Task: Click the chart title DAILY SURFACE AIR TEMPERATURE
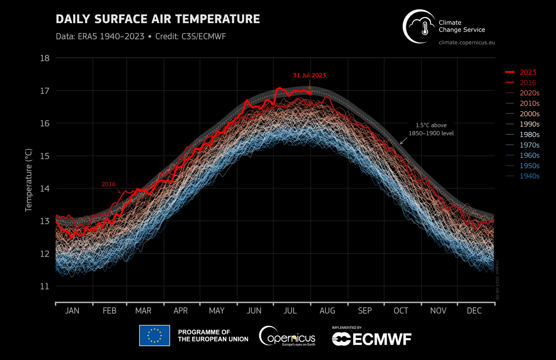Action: [x=158, y=19]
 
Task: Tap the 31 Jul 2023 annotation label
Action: [x=309, y=75]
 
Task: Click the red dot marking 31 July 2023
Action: [x=310, y=92]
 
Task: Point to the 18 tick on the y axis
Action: [x=44, y=58]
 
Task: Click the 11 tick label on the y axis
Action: [x=44, y=286]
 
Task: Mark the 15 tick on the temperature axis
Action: [x=44, y=156]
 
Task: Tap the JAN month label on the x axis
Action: [x=72, y=311]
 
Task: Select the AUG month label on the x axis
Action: [x=328, y=311]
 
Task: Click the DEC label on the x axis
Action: [x=474, y=311]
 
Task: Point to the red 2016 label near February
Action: [x=108, y=184]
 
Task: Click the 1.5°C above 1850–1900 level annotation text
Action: [x=431, y=129]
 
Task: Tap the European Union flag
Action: [x=154, y=336]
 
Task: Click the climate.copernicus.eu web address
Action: [x=467, y=43]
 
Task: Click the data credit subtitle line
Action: [x=141, y=36]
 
